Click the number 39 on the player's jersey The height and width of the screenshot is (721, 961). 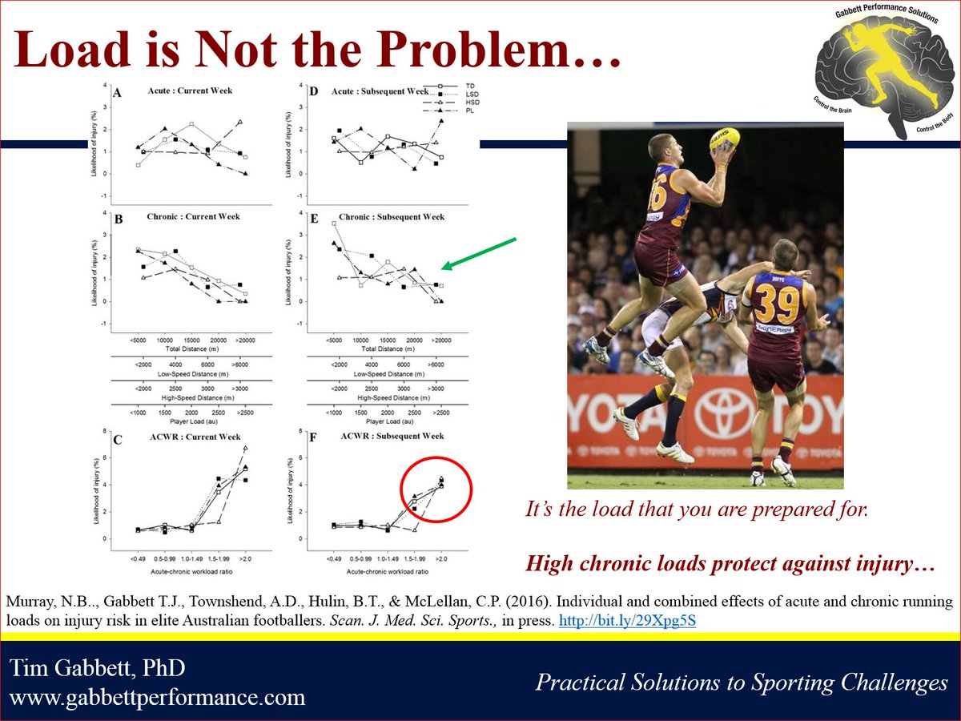pos(778,304)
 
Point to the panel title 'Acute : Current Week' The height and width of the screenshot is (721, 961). pos(196,91)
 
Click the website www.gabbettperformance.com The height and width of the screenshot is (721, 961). pos(159,697)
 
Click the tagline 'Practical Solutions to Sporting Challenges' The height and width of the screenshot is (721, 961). pos(742,683)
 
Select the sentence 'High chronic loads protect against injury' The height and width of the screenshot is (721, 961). pos(730,564)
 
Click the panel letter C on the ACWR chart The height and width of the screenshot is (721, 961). pos(118,439)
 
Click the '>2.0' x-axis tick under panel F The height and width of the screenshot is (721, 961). pos(441,557)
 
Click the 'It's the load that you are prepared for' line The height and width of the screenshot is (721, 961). pos(697,510)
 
